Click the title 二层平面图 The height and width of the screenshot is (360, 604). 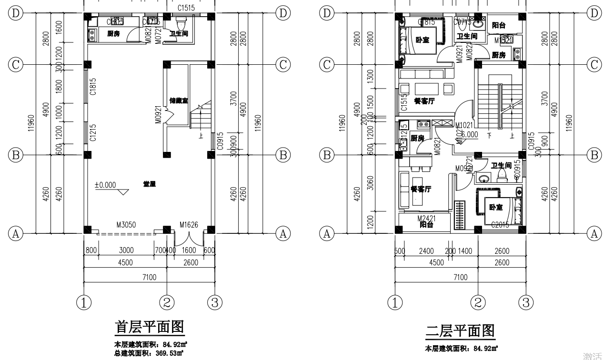tap(460, 330)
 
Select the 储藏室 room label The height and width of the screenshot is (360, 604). tap(179, 101)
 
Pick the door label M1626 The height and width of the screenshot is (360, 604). tap(189, 224)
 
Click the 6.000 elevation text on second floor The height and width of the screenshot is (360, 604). tap(469, 135)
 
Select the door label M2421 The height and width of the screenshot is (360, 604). tap(427, 219)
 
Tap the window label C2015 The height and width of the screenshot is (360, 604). tap(500, 225)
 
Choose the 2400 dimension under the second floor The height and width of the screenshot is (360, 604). tap(426, 251)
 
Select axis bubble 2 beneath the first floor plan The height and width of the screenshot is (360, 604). tap(167, 302)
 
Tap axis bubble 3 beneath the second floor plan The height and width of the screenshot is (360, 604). tap(525, 302)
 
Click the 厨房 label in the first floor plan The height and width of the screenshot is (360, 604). tap(113, 33)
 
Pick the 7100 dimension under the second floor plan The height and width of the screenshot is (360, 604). tap(460, 277)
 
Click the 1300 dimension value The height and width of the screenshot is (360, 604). tap(371, 76)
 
